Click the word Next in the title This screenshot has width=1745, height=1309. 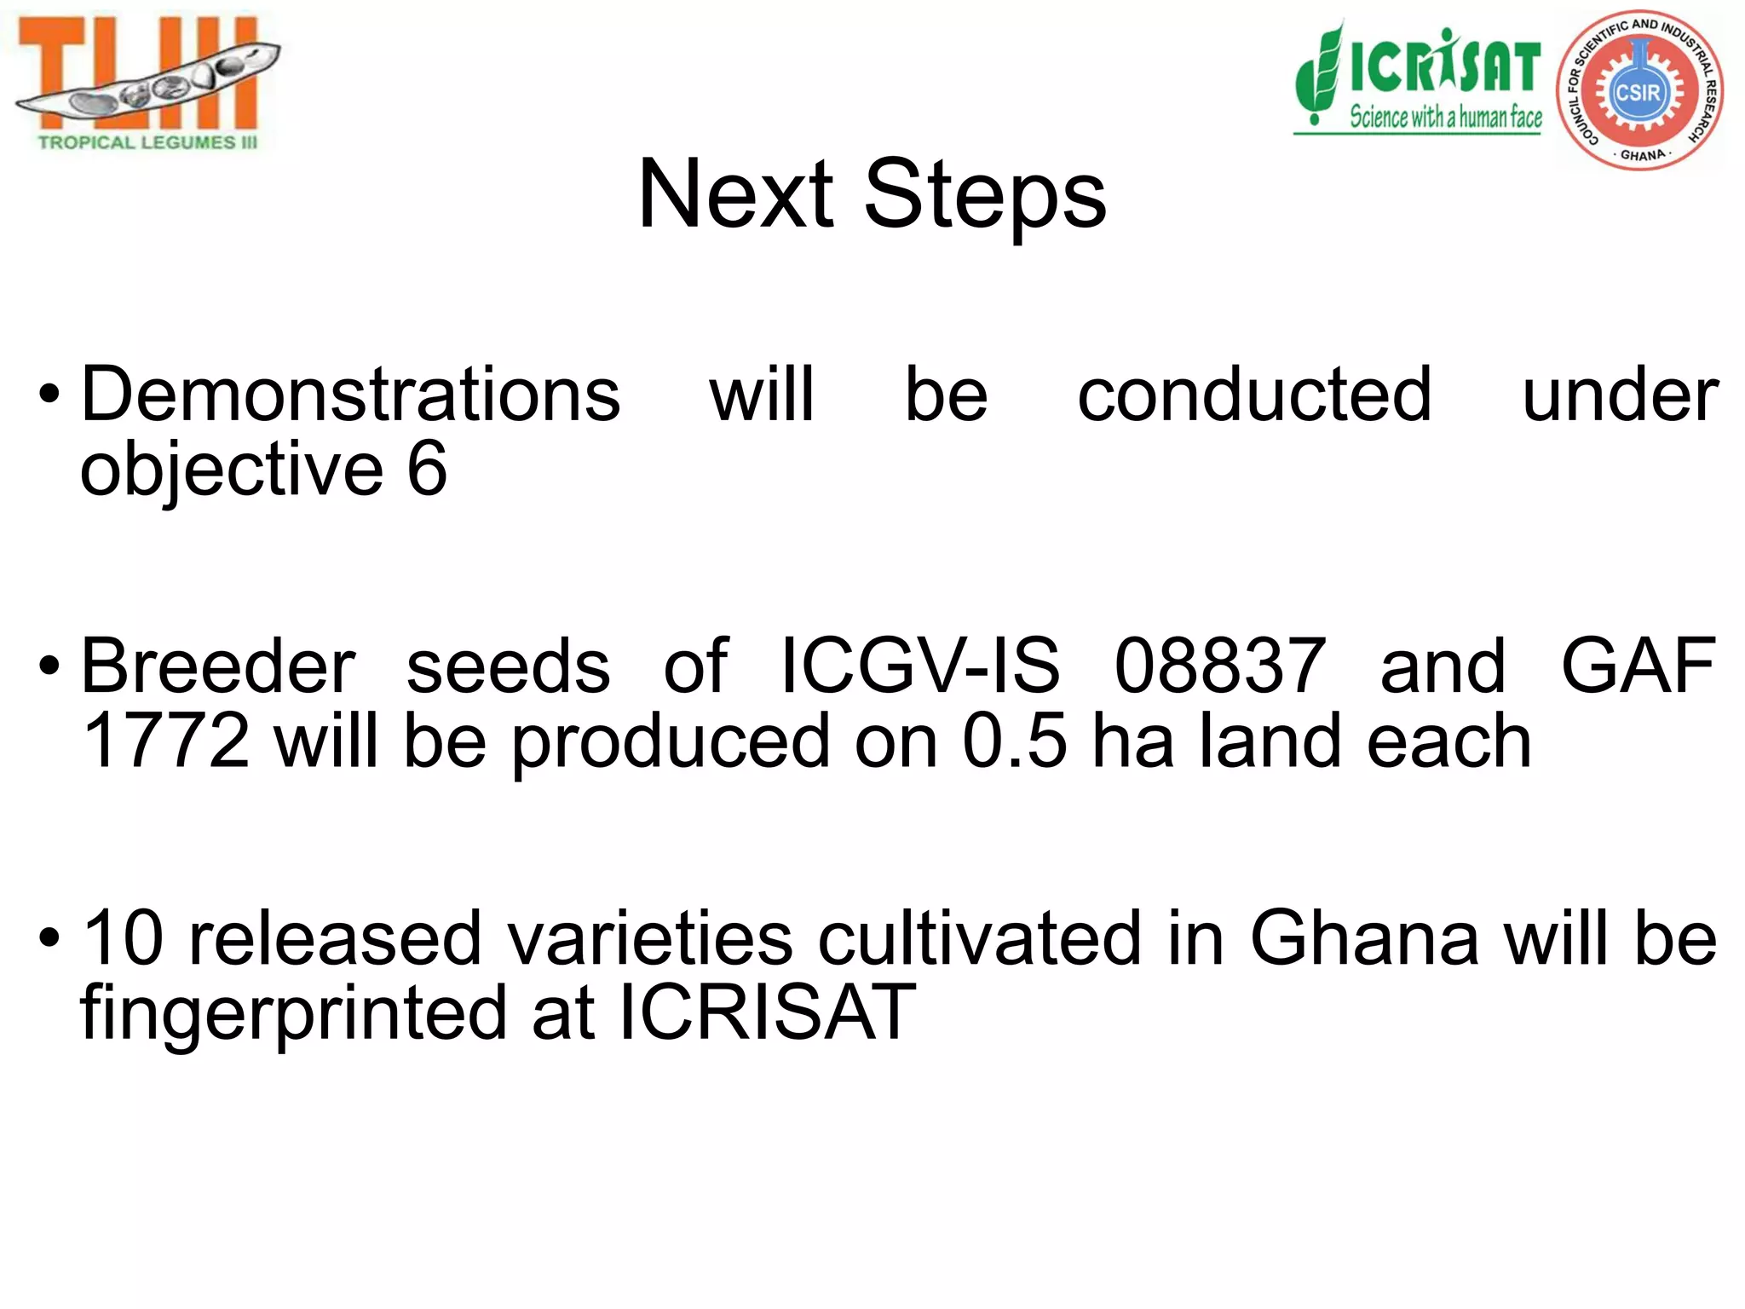[735, 194]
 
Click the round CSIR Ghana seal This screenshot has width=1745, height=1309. [1640, 89]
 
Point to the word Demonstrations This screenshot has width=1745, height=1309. [350, 395]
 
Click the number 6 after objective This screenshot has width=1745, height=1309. [427, 469]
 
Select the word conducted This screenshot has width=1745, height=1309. [1254, 395]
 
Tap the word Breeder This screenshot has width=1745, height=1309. [218, 666]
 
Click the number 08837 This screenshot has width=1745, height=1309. [1220, 666]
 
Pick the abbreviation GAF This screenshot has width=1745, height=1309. [1638, 666]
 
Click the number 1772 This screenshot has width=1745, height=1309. [166, 741]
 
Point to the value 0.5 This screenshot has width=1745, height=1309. [1014, 741]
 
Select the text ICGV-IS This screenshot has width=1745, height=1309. [920, 666]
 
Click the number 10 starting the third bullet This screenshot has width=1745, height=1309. [122, 938]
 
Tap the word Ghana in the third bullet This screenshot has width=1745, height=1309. [1364, 938]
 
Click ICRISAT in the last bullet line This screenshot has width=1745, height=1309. [766, 1012]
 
